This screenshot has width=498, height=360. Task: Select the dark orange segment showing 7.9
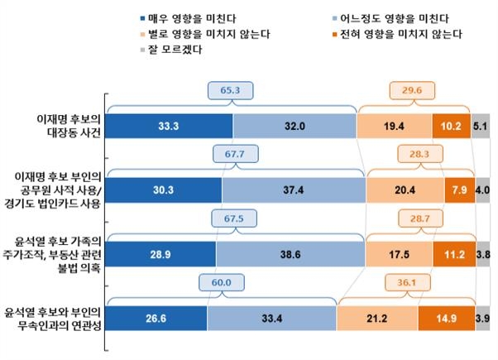point(457,190)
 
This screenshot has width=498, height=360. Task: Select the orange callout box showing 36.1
point(404,281)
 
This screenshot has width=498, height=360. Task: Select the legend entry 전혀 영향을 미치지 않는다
point(400,34)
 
